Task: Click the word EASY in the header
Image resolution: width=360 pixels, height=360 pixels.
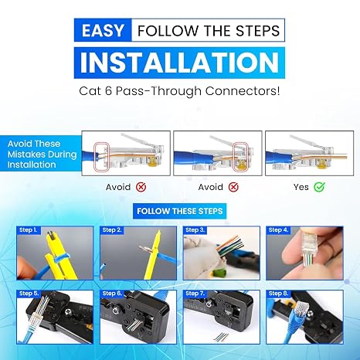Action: pyautogui.click(x=103, y=30)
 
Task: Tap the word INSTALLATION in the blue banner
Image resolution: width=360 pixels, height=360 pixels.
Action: pyautogui.click(x=179, y=63)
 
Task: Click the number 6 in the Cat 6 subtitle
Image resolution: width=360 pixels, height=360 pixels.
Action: pyautogui.click(x=108, y=91)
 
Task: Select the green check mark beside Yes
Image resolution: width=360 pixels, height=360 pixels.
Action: pyautogui.click(x=319, y=187)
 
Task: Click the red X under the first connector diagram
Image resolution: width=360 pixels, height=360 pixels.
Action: pyautogui.click(x=141, y=187)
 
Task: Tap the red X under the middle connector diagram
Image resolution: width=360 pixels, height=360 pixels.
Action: pyautogui.click(x=233, y=187)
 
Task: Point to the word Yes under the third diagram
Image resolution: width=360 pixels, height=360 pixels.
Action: pyautogui.click(x=301, y=187)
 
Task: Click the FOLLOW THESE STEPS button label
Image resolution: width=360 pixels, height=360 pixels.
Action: pyautogui.click(x=180, y=211)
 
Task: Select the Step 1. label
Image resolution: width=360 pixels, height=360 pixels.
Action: pyautogui.click(x=29, y=230)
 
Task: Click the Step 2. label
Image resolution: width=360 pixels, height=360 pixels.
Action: pyautogui.click(x=112, y=230)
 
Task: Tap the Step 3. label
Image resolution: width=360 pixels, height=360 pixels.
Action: pyautogui.click(x=195, y=230)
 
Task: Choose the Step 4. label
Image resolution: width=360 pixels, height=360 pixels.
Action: pyautogui.click(x=278, y=230)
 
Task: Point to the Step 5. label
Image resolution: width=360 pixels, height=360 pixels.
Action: pyautogui.click(x=29, y=294)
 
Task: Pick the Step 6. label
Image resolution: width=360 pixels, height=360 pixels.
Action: pyautogui.click(x=112, y=294)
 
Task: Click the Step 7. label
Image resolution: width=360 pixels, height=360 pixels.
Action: pyautogui.click(x=195, y=294)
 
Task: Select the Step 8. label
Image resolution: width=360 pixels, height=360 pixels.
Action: pyautogui.click(x=278, y=294)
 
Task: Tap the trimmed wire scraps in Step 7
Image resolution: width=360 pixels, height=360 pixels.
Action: pyautogui.click(x=221, y=337)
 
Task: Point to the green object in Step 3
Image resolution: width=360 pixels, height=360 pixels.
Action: pyautogui.click(x=219, y=273)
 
